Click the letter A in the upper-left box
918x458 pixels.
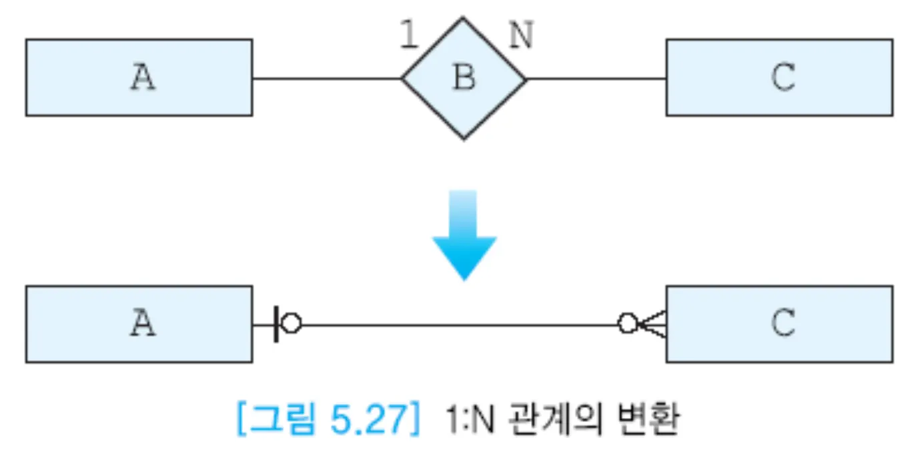pos(142,77)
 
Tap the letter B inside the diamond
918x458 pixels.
pos(464,78)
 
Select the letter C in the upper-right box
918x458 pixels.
pos(783,77)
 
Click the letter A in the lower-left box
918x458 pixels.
pos(142,324)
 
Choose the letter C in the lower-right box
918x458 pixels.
pos(783,324)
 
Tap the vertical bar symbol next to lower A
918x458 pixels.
pos(276,324)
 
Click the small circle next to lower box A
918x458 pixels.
pos(291,324)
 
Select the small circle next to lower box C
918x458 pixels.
pos(627,324)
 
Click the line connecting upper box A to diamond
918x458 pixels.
pos(327,78)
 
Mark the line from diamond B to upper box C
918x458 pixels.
pos(596,78)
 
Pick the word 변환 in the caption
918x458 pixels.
pos(644,420)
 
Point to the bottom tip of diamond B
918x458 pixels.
pos(464,139)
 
